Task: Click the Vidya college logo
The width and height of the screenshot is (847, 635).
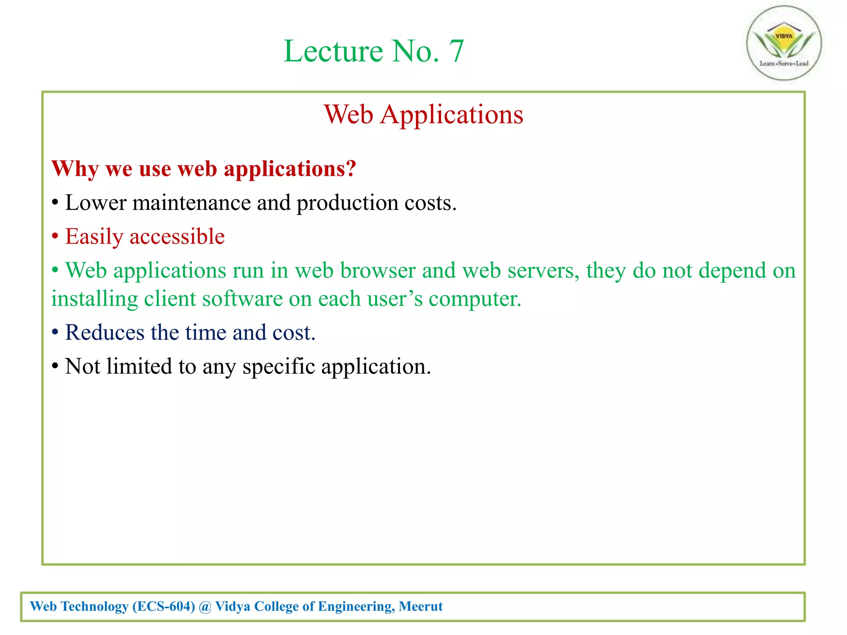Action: click(784, 43)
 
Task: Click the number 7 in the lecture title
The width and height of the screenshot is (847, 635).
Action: click(456, 51)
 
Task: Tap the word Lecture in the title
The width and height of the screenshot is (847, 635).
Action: click(333, 51)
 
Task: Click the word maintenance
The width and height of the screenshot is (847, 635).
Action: click(191, 203)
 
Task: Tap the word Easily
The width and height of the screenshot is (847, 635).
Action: click(94, 237)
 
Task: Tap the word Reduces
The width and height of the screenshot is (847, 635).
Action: click(105, 333)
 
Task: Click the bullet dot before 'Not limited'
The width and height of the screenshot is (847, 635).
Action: click(55, 367)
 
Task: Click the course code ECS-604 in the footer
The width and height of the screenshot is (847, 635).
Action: click(164, 606)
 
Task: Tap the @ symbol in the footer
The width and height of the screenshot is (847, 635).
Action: click(205, 606)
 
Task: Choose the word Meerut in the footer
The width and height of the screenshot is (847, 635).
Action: click(421, 606)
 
